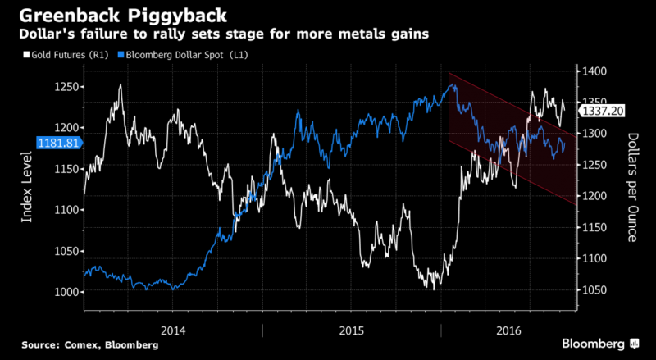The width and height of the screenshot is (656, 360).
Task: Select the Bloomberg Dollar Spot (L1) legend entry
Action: click(184, 54)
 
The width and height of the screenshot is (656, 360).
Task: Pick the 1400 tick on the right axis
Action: click(596, 71)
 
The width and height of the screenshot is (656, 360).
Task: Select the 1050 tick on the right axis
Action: click(596, 290)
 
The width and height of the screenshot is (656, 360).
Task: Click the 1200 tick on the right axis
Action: click(596, 196)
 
